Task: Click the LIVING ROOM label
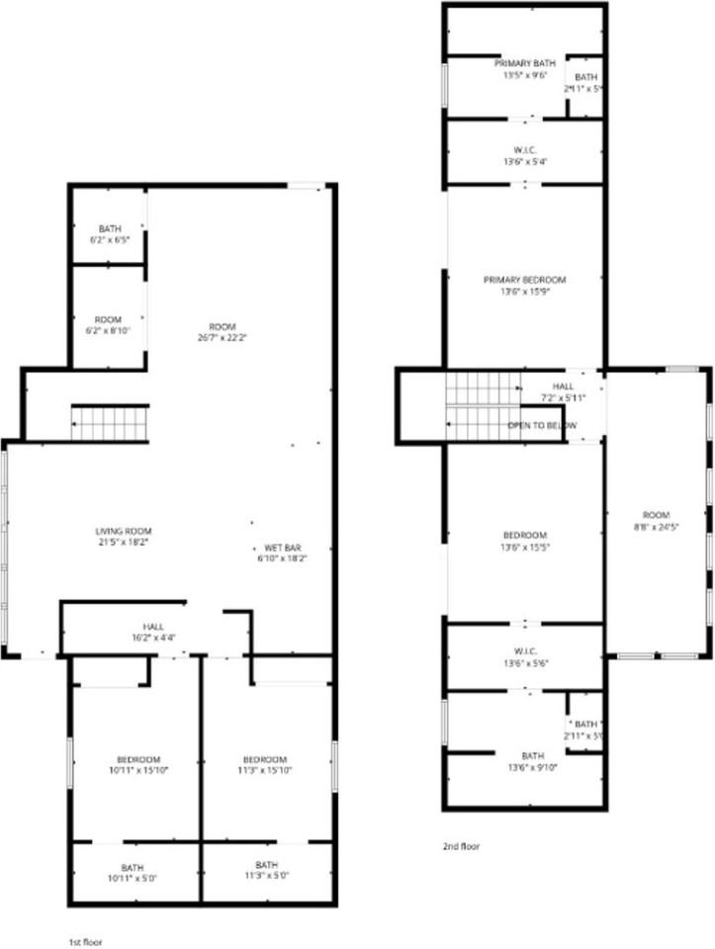click(x=123, y=531)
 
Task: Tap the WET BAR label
click(x=282, y=548)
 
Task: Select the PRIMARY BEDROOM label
click(x=524, y=280)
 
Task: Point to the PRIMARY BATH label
click(x=524, y=62)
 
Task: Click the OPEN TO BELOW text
click(x=542, y=425)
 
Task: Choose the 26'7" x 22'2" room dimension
click(x=222, y=338)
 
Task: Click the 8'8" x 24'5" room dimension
click(x=656, y=527)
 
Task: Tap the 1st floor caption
click(x=85, y=942)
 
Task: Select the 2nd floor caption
click(x=461, y=846)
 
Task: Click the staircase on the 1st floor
click(x=109, y=423)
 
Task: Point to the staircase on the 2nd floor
click(x=482, y=406)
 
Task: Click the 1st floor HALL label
click(x=153, y=627)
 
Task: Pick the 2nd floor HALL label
click(x=562, y=387)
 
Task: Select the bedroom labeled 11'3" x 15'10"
click(x=265, y=765)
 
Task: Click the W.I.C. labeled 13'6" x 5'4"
click(x=524, y=155)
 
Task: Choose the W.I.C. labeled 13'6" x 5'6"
click(x=524, y=657)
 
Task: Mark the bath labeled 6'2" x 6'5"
click(x=109, y=234)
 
